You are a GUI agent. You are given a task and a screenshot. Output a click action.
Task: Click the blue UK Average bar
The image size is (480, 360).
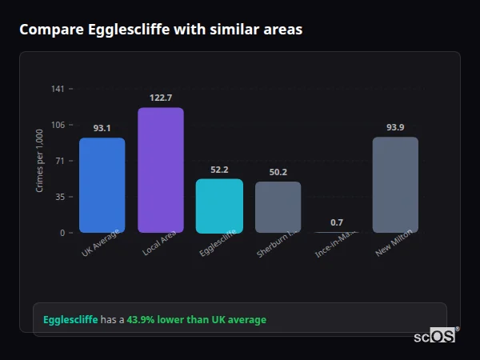click(x=102, y=185)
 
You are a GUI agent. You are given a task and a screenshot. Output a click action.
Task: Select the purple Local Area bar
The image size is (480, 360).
click(x=161, y=170)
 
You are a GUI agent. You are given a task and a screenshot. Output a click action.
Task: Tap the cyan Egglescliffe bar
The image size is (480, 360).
click(x=219, y=206)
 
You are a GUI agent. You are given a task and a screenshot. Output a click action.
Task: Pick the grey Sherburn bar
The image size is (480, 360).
click(x=278, y=207)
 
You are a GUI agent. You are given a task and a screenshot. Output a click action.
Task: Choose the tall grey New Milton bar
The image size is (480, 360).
click(x=395, y=185)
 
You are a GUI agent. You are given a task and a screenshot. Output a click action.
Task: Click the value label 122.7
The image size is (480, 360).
click(x=161, y=98)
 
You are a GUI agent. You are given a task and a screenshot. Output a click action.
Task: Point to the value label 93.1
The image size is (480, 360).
click(x=102, y=128)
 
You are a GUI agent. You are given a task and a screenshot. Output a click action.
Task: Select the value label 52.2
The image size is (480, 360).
click(x=219, y=170)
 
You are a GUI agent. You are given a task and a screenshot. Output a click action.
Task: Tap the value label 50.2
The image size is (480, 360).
click(x=278, y=172)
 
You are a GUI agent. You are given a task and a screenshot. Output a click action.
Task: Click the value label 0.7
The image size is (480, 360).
click(x=337, y=222)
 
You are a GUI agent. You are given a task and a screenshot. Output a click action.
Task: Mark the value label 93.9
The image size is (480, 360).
click(x=395, y=127)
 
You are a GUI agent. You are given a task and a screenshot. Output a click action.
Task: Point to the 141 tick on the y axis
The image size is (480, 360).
click(x=58, y=89)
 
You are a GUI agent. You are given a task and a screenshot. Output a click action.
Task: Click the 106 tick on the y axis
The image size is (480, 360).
click(x=58, y=125)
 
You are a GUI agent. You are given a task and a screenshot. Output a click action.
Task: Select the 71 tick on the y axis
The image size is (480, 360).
click(x=60, y=161)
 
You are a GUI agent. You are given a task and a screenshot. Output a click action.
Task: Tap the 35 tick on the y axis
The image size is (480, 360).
click(x=60, y=197)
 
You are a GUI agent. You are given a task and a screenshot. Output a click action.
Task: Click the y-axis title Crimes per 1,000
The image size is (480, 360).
click(x=39, y=161)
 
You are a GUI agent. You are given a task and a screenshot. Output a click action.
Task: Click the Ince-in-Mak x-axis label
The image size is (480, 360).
click(x=335, y=245)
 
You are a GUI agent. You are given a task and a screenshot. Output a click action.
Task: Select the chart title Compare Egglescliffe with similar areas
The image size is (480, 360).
click(x=161, y=30)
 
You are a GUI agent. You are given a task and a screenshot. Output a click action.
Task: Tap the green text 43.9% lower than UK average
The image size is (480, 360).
click(x=196, y=320)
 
